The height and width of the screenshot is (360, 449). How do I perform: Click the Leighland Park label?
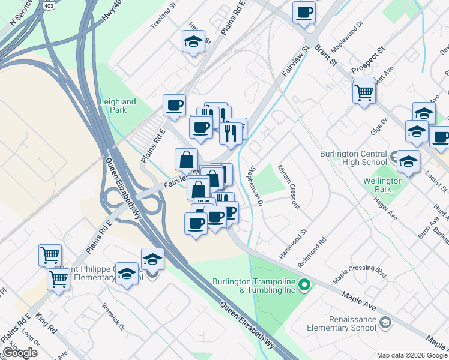pyautogui.click(x=118, y=106)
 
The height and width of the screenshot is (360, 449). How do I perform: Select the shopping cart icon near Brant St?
pyautogui.click(x=364, y=92)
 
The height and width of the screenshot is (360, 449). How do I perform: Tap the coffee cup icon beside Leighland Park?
pyautogui.click(x=175, y=106)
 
